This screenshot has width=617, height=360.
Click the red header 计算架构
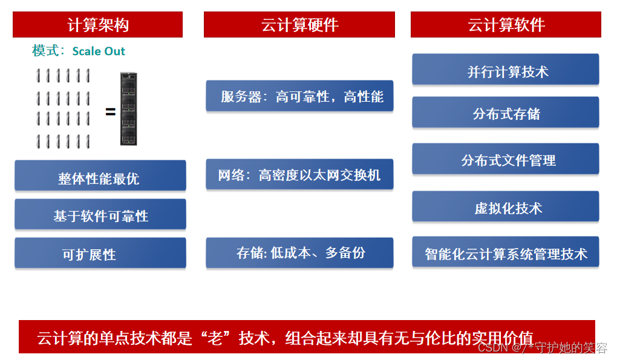click(97, 25)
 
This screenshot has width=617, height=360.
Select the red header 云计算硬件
click(299, 25)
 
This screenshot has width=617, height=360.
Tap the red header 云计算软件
click(506, 25)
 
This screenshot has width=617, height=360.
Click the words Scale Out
click(99, 51)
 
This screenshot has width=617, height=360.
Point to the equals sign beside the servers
click(110, 111)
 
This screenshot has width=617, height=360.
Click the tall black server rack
click(128, 109)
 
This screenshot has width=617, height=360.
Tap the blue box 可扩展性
click(100, 253)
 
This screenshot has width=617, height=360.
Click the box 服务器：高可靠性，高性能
click(299, 96)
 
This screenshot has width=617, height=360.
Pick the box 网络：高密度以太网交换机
click(299, 175)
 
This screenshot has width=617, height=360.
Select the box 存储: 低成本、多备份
click(299, 252)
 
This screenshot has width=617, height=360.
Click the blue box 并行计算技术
click(506, 70)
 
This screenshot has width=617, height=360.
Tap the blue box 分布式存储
click(506, 113)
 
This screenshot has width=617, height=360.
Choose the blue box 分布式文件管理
click(506, 160)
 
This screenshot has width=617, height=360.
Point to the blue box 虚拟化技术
click(506, 207)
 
